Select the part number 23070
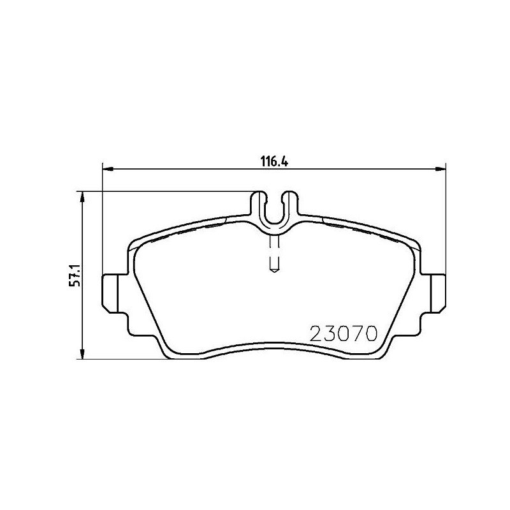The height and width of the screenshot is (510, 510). [x=344, y=333]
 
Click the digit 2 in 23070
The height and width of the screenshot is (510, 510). [x=316, y=333]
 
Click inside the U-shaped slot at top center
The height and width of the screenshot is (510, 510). [x=274, y=210]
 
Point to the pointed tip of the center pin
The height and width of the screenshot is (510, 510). [x=274, y=270]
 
